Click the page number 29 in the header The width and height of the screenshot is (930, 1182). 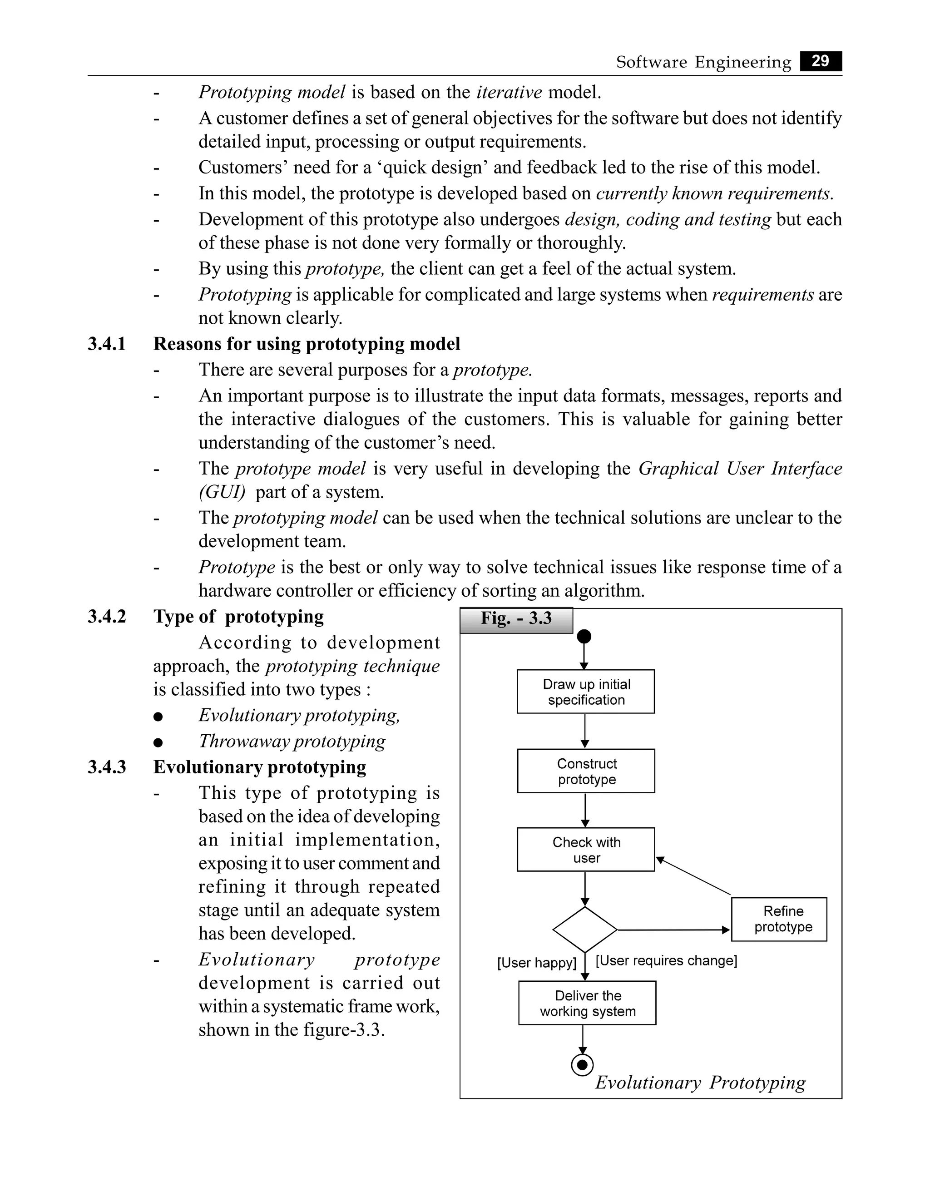click(820, 61)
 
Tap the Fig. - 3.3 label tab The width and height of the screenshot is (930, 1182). click(516, 619)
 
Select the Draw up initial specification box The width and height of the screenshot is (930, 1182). click(585, 692)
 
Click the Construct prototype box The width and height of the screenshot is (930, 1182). click(586, 771)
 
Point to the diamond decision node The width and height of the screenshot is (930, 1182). click(585, 930)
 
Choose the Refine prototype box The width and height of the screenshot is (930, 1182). click(779, 919)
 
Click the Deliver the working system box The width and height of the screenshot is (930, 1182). click(587, 1003)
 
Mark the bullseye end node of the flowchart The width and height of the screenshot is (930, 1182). click(582, 1064)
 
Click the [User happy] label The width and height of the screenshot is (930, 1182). click(536, 963)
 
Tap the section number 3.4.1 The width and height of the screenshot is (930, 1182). click(107, 344)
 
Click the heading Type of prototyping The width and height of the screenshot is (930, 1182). click(238, 616)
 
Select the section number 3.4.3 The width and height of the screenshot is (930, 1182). click(107, 767)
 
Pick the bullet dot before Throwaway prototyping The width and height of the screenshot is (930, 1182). click(158, 742)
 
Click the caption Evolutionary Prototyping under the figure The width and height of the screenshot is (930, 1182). click(700, 1083)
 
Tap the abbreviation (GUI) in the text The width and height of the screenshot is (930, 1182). click(222, 492)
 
